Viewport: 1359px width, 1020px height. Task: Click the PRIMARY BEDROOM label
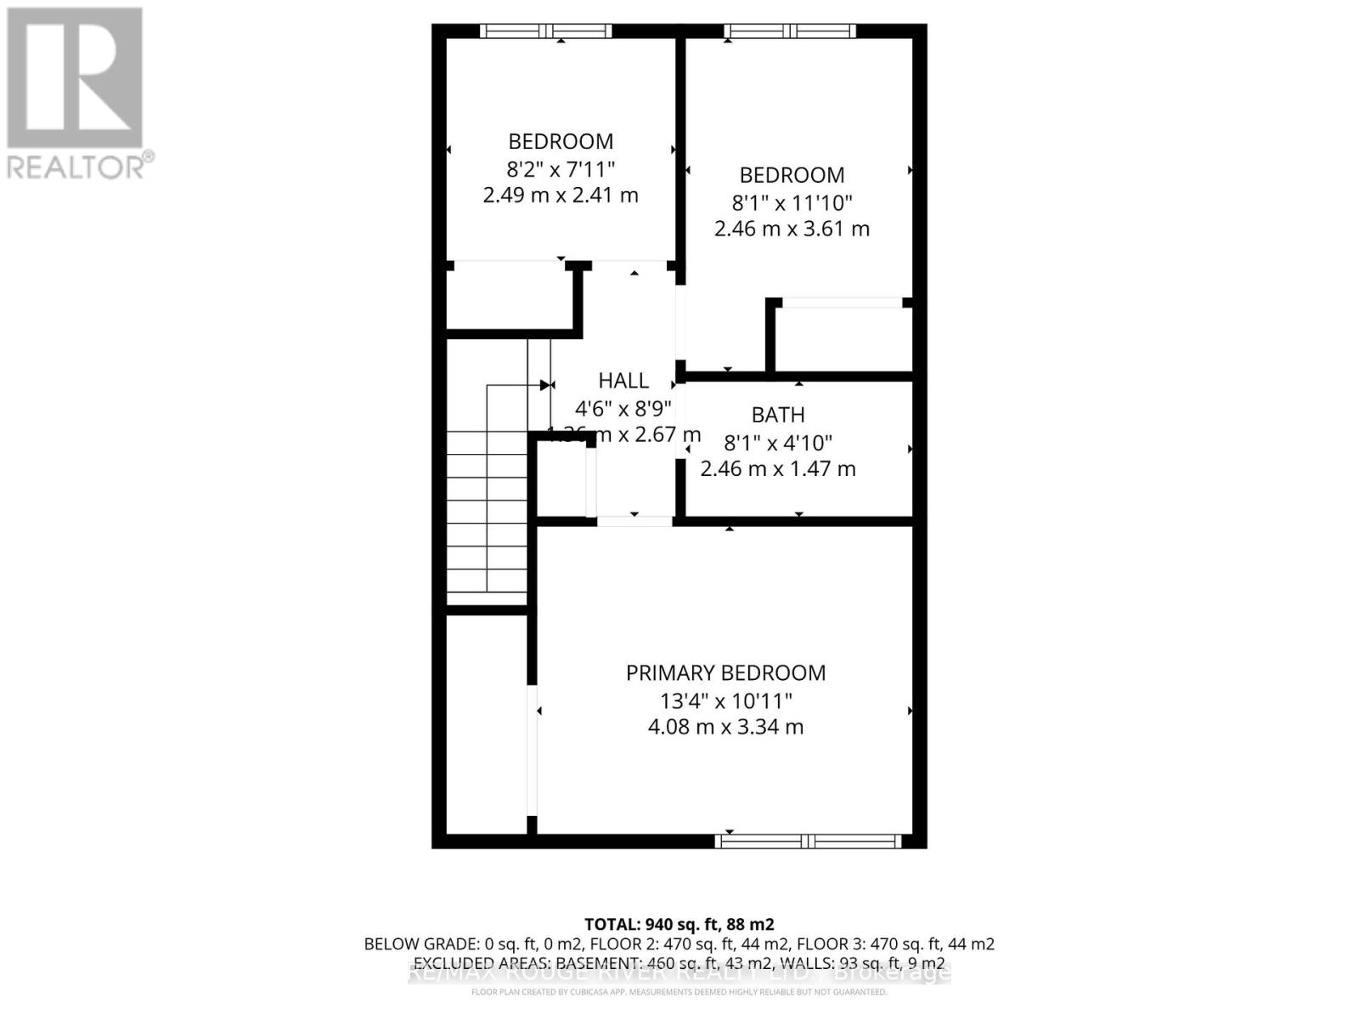[725, 673]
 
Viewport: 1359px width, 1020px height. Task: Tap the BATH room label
[778, 415]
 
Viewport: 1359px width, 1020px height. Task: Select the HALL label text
[623, 381]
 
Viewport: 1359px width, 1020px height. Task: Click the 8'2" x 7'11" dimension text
[561, 168]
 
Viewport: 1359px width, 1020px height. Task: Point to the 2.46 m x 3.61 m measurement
[792, 229]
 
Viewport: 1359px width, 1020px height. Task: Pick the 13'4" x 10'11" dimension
[725, 701]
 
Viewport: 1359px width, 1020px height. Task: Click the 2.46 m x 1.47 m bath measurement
[778, 468]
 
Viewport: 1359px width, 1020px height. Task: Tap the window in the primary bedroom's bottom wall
[808, 841]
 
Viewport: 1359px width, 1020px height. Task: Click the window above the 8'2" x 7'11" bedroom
[545, 31]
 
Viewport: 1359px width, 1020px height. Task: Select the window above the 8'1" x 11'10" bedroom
[790, 31]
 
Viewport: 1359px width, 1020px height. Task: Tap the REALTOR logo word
[76, 167]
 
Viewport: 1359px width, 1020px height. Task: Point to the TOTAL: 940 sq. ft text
[679, 924]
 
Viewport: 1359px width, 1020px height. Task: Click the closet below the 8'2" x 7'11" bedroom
[508, 298]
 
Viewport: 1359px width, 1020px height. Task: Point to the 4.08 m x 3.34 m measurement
[725, 728]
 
